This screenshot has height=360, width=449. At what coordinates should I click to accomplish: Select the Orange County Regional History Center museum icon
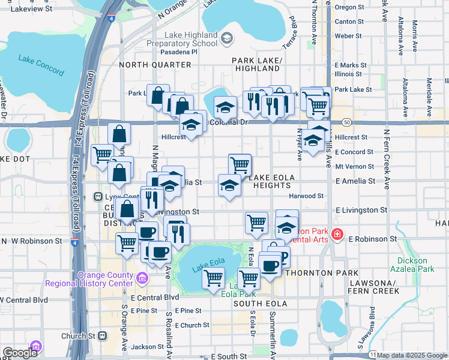142,278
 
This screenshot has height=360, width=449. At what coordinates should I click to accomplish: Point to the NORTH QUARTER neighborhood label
146,65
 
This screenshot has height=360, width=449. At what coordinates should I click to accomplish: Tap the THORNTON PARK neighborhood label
316,272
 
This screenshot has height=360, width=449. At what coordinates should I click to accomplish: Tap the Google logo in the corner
20,353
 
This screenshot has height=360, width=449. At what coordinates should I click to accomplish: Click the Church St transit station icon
103,335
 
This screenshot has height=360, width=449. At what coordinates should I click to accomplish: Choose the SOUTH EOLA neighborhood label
258,304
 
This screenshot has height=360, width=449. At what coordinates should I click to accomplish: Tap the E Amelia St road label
355,181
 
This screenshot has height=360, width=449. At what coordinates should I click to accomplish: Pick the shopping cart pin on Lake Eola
214,278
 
